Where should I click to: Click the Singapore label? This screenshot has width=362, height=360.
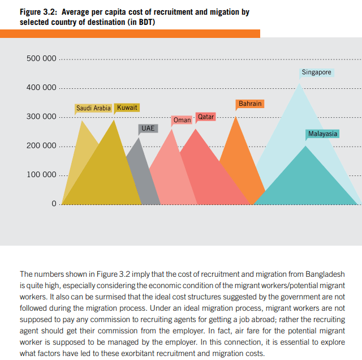tap(317, 72)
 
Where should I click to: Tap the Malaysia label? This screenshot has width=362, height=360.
tap(323, 134)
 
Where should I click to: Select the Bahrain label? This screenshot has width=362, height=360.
tap(250, 104)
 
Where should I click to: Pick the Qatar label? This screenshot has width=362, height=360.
tap(206, 117)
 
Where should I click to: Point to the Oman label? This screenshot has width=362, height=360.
tap(182, 120)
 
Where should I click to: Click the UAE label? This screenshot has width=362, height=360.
tap(148, 128)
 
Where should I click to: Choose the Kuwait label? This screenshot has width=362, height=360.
tap(127, 108)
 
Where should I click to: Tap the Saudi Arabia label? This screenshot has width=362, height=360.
tap(93, 108)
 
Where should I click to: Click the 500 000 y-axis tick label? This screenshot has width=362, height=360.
tap(41, 59)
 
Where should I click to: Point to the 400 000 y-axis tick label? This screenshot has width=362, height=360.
tap(41, 88)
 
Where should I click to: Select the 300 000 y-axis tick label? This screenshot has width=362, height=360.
tap(41, 117)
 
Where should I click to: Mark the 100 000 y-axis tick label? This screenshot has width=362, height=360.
tap(41, 174)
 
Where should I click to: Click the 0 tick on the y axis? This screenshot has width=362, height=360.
tap(54, 204)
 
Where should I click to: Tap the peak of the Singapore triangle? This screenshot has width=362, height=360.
tap(298, 83)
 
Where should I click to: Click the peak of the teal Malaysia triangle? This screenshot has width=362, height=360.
tap(306, 146)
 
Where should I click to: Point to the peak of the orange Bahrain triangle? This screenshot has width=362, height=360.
tap(236, 116)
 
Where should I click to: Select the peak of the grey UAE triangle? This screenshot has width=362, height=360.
tap(139, 138)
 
